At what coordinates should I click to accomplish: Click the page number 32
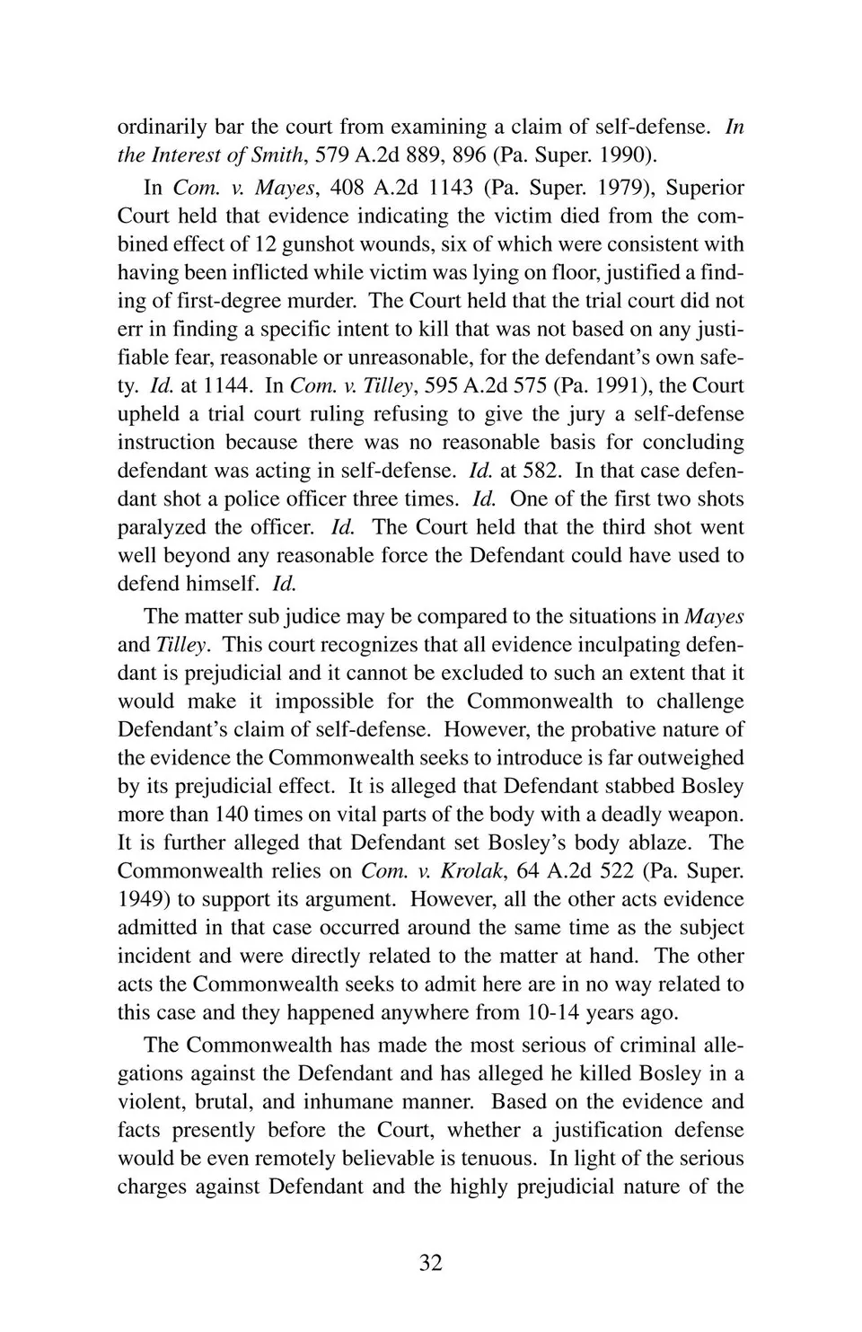pyautogui.click(x=430, y=1263)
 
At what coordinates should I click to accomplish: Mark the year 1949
pyautogui.click(x=141, y=900)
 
